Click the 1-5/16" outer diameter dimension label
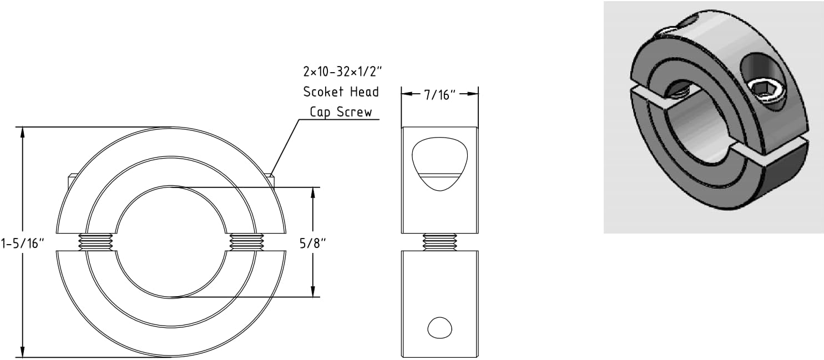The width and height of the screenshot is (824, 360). tap(22, 244)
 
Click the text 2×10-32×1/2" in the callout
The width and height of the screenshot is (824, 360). tap(342, 72)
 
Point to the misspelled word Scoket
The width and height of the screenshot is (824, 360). tap(321, 92)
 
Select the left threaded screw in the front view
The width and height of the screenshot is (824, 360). tap(97, 241)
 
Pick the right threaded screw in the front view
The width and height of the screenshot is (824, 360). tap(246, 241)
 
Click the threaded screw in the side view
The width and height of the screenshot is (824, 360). tap(439, 241)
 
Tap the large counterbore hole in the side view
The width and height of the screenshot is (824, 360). tap(439, 164)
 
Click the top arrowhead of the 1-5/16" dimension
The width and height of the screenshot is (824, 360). tap(23, 131)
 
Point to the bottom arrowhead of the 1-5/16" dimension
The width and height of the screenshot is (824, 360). tap(23, 352)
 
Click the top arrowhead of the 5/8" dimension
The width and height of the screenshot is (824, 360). tap(314, 192)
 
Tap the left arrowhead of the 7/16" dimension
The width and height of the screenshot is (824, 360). tap(406, 94)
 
